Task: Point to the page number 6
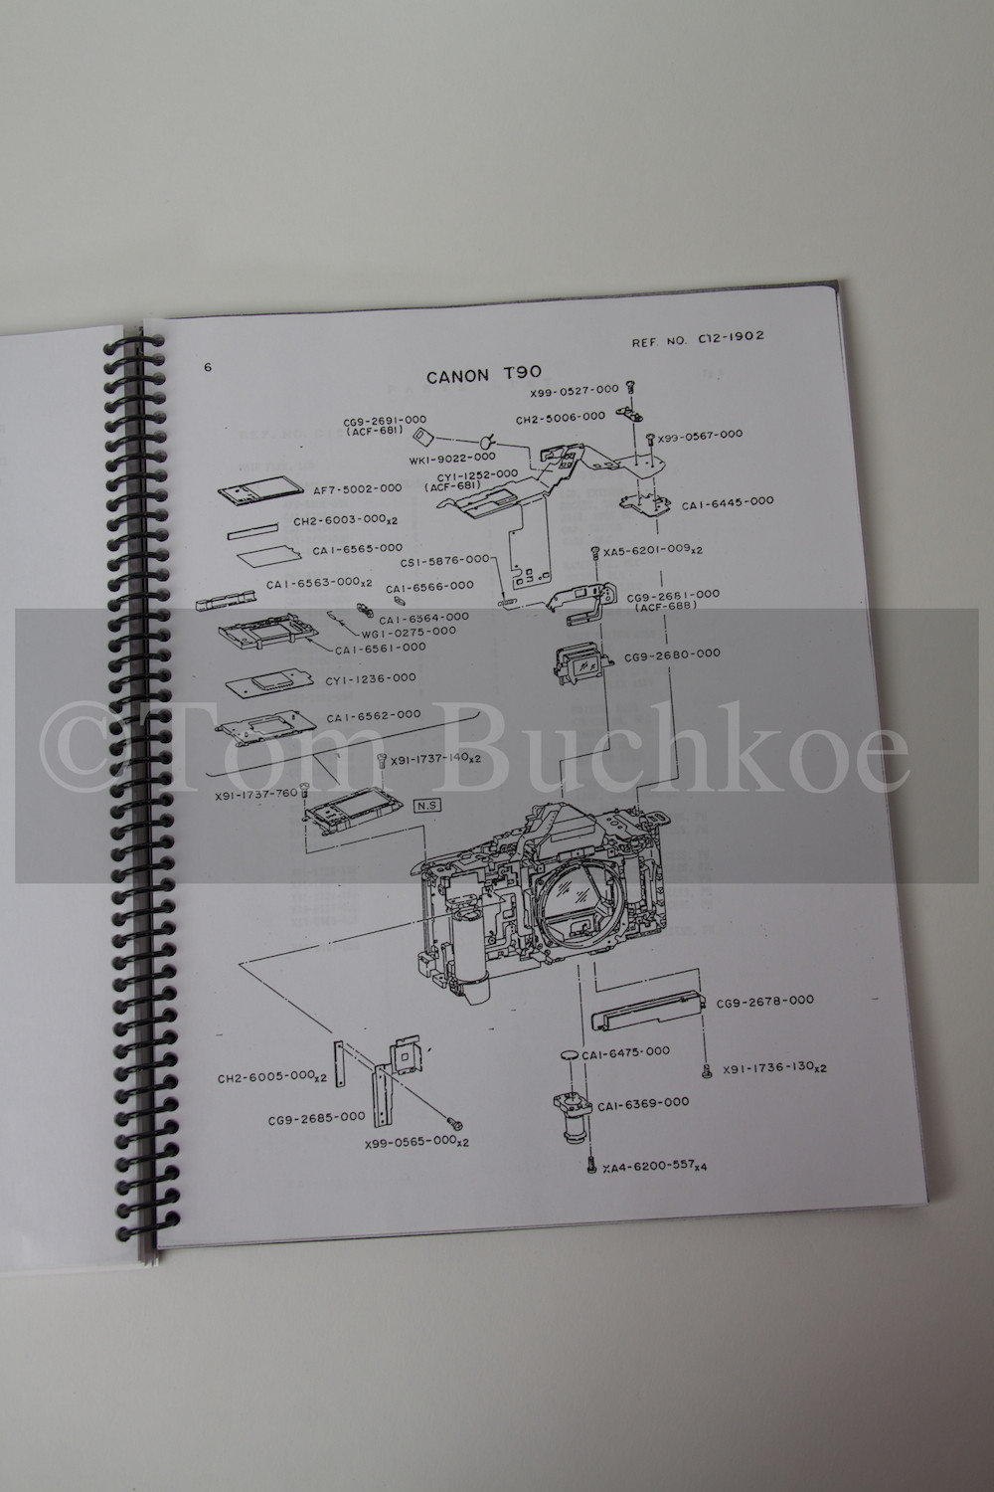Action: click(207, 368)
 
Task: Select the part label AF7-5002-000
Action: click(357, 488)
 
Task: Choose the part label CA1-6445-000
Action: click(727, 503)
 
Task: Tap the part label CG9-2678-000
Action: click(765, 1000)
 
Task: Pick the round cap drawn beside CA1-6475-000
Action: click(569, 1054)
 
